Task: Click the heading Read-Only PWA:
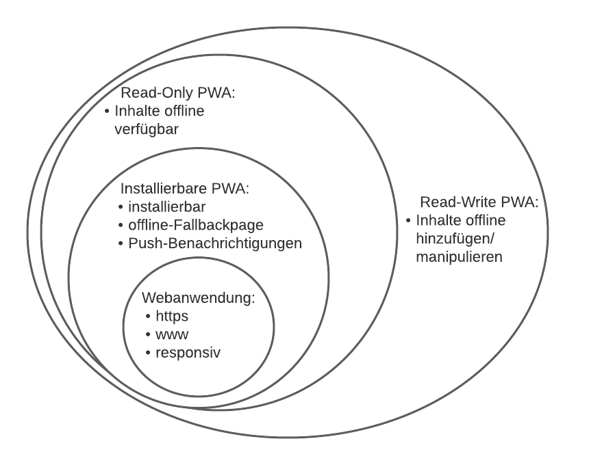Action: click(177, 93)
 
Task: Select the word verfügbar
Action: click(147, 129)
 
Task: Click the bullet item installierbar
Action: click(164, 207)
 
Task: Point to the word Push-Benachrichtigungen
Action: click(215, 243)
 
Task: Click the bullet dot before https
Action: click(149, 317)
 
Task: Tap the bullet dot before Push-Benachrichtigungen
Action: click(122, 243)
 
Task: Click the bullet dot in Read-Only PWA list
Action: click(106, 111)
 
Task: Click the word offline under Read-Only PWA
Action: click(183, 111)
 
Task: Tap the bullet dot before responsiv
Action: click(149, 353)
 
